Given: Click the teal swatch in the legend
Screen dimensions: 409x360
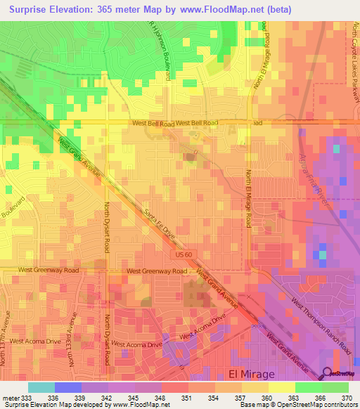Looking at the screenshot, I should pyautogui.click(x=41, y=387).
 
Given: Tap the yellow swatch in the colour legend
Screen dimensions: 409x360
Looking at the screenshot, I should pyautogui.click(x=281, y=387).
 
